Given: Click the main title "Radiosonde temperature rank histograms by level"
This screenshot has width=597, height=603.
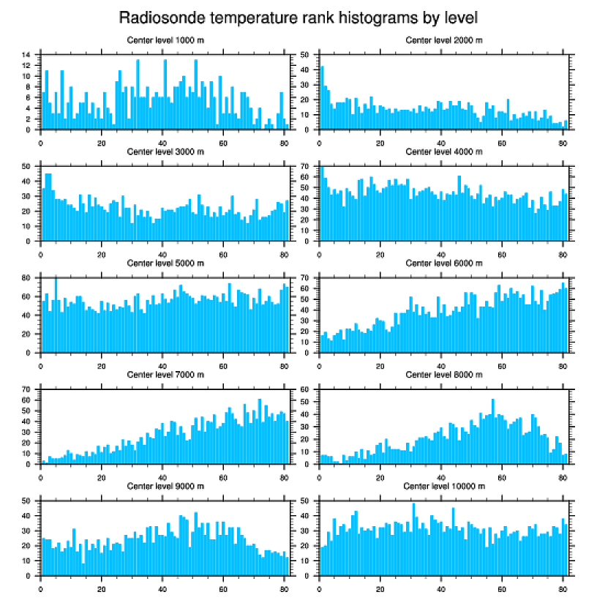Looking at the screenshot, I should coord(298,17).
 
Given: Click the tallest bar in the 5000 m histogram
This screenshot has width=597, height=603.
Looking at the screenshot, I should coord(56,315).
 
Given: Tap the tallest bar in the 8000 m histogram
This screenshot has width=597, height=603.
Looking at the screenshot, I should coord(493,432).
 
